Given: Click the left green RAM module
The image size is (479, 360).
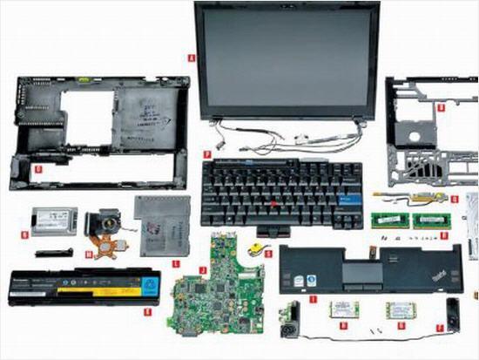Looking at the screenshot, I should (x=388, y=221).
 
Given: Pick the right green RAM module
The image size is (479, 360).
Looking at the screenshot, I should (x=429, y=221).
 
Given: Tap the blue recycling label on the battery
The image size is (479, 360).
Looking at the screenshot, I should (x=152, y=284).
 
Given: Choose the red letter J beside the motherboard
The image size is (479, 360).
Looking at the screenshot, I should (x=203, y=269).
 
